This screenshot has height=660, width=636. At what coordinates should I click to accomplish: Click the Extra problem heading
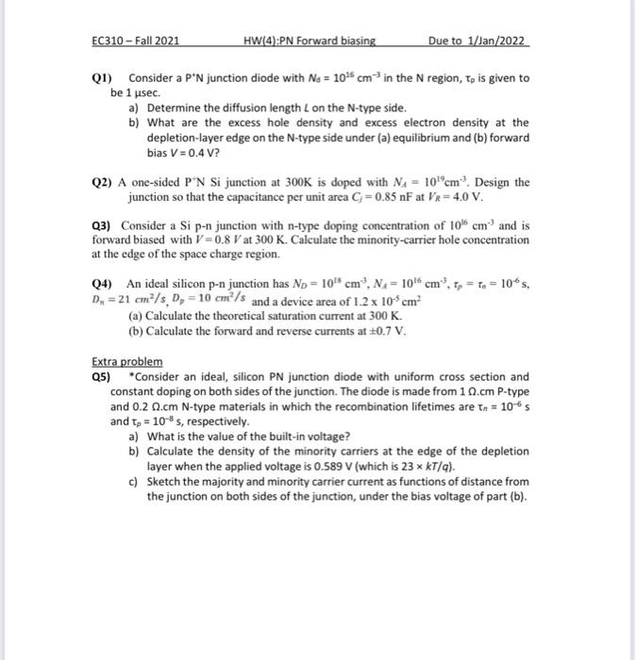tap(126, 362)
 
